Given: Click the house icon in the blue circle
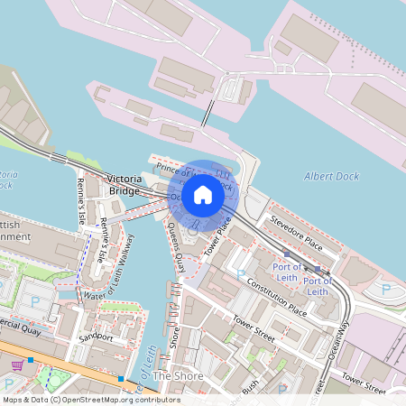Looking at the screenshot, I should click(x=203, y=194).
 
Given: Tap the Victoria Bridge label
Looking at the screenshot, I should click(x=124, y=184).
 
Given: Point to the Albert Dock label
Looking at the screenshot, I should click(x=331, y=176).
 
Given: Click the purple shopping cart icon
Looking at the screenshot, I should click(x=17, y=365).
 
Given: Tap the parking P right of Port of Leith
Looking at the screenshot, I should click(x=386, y=290).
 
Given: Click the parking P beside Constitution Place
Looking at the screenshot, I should click(x=240, y=272).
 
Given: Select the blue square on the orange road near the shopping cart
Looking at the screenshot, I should click(x=31, y=360).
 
